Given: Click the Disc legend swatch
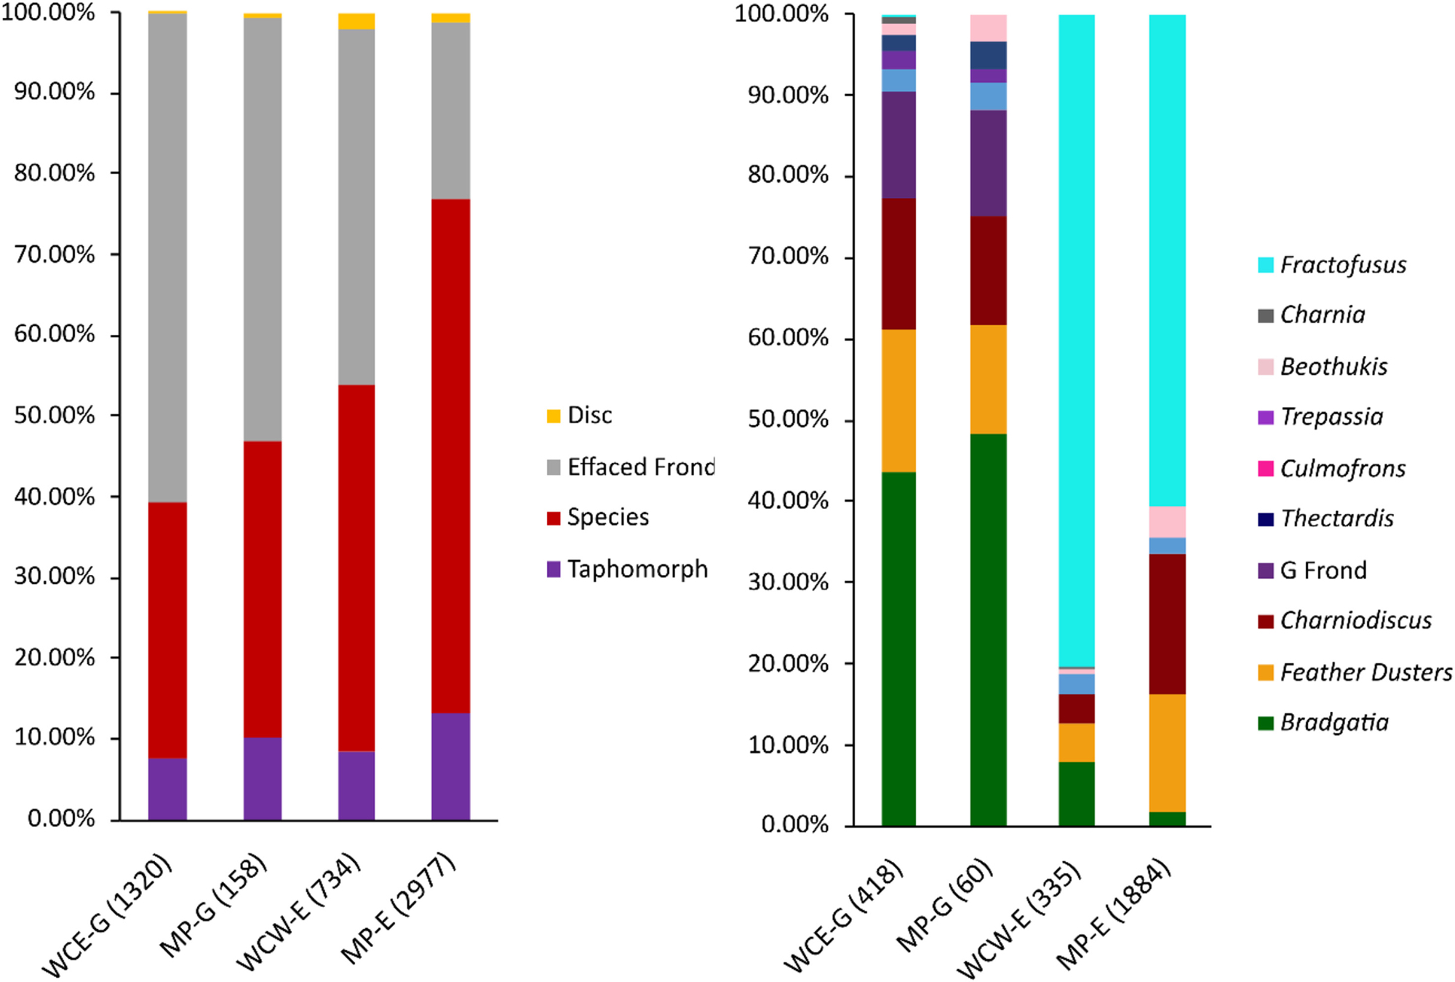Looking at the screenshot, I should [x=554, y=416].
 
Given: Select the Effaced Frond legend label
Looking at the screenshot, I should [x=640, y=467].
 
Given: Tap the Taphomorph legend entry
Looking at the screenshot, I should [x=637, y=569].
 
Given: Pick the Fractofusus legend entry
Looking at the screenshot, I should [x=1342, y=265].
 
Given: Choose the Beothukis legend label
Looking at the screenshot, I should [x=1334, y=366].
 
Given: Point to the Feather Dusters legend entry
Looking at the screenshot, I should [x=1366, y=672].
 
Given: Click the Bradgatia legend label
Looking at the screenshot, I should [x=1334, y=722].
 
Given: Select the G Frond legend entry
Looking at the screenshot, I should [x=1323, y=570].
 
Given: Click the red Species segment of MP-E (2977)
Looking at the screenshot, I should [x=450, y=455].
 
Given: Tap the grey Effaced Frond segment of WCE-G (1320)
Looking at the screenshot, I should [x=167, y=258].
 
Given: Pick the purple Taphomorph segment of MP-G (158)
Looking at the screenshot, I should [x=263, y=779].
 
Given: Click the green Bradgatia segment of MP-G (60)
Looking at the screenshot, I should [x=988, y=630].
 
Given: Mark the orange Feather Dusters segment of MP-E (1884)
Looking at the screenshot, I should [x=1167, y=753].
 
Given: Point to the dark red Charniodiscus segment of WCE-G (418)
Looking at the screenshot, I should [x=898, y=264].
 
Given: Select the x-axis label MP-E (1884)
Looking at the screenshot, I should [x=1114, y=914].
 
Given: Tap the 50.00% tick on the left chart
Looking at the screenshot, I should [x=55, y=416].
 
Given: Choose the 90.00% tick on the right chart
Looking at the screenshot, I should [x=788, y=95].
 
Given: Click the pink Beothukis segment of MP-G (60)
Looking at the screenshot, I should [x=988, y=28].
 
